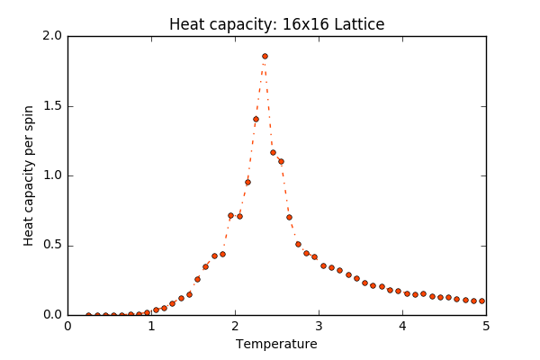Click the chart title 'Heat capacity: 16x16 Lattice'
pos(276,24)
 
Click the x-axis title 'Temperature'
pos(276,344)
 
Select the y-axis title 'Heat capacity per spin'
pos(29,175)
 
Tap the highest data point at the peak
pos(265,56)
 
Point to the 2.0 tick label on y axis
pos(51,36)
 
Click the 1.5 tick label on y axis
pos(51,106)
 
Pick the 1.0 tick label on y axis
pos(51,175)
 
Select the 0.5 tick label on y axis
pos(51,246)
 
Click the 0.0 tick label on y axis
pos(51,315)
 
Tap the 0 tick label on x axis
pos(67,326)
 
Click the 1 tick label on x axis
pos(151,326)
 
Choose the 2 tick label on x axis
pos(235,326)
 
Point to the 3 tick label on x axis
pos(319,326)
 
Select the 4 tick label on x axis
pos(402,326)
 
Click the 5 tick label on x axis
pos(486,326)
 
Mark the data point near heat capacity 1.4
pos(256,119)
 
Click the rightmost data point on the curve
pos(481,301)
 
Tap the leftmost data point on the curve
pos(88,315)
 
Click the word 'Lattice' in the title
pos(359,24)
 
